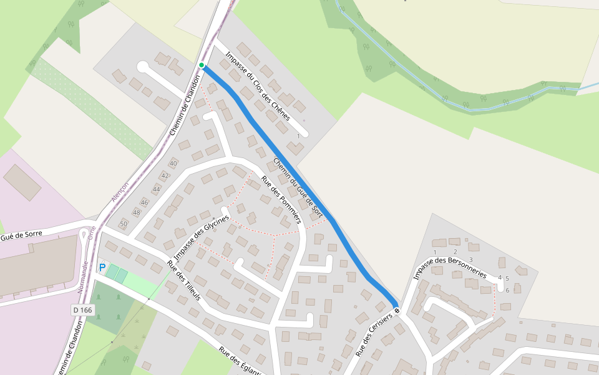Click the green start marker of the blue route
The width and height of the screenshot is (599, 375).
pos(202,65)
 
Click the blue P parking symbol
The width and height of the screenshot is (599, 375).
pos(102,267)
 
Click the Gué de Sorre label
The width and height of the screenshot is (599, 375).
pos(21,234)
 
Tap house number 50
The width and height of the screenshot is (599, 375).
pos(124,224)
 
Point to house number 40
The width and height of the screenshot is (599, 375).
pos(173,164)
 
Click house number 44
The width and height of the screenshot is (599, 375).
pos(157,189)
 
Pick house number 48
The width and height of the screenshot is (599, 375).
pos(137,212)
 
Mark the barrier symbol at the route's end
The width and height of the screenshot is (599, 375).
pos(396,310)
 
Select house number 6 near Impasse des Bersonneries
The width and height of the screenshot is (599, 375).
pos(508,290)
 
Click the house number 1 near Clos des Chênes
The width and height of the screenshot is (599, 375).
pos(298,136)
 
